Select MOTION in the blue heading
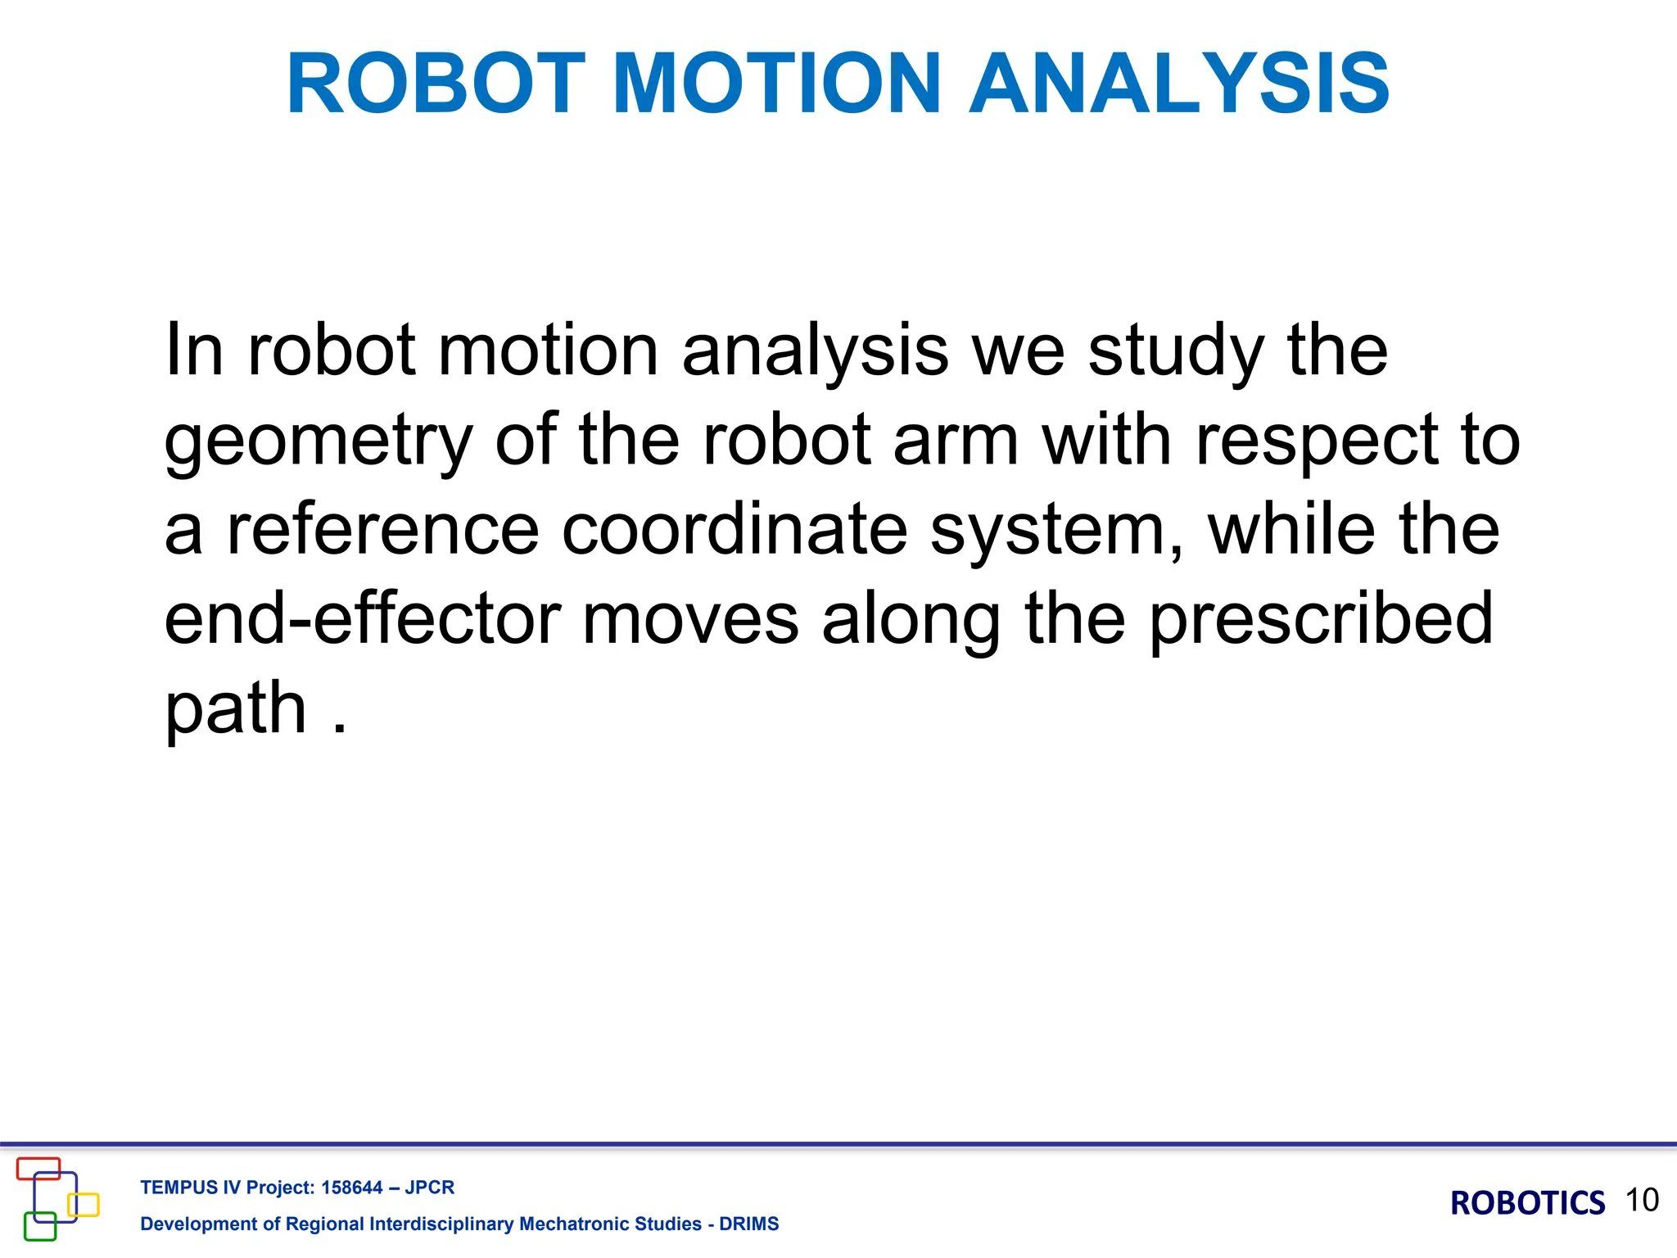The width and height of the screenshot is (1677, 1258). click(776, 84)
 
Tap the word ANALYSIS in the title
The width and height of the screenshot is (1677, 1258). click(1179, 84)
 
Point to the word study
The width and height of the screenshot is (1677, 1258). click(1176, 352)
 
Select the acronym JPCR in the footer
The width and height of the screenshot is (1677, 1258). click(429, 1188)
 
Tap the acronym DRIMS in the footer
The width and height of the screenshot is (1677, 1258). click(748, 1224)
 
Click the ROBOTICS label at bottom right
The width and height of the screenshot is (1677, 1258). click(1527, 1203)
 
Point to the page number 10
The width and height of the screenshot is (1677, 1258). click(1642, 1200)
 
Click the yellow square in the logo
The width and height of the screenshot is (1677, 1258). click(84, 1205)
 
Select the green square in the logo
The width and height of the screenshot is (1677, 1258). click(40, 1226)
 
